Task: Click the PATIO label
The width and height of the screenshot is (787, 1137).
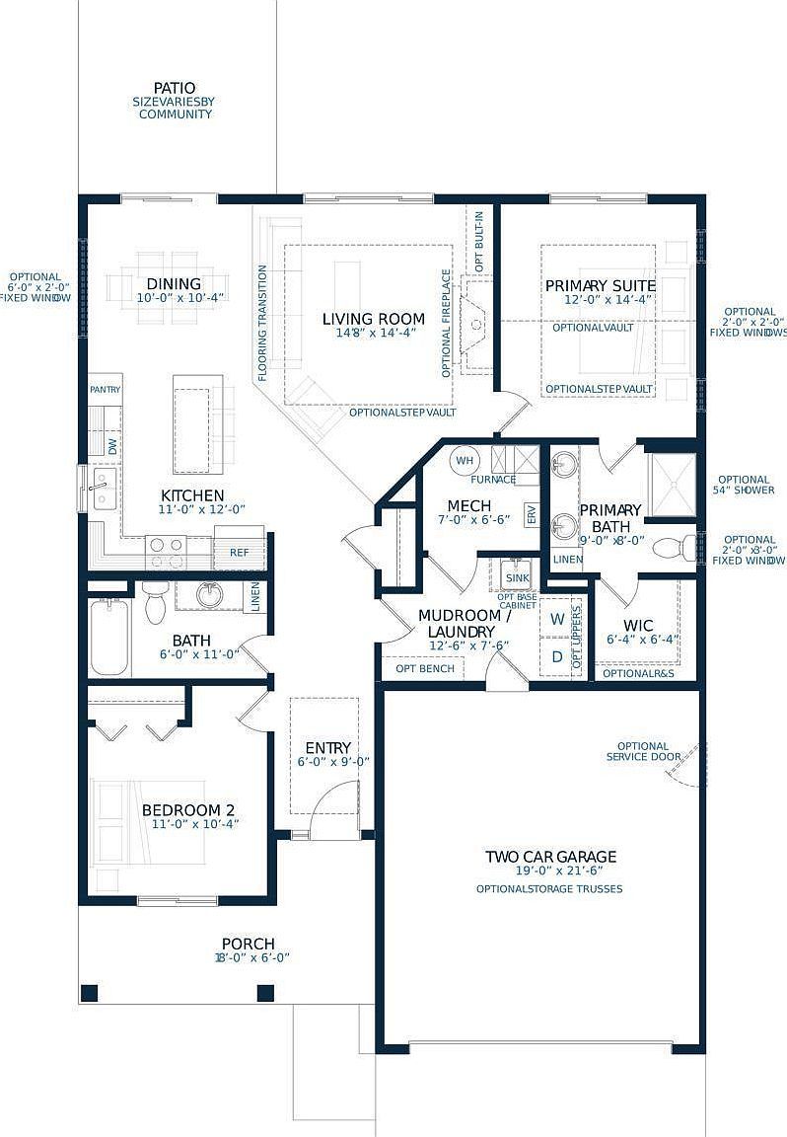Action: pos(175,88)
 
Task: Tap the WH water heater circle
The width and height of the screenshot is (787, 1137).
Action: pos(464,459)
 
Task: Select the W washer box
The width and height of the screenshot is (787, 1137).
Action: pos(557,619)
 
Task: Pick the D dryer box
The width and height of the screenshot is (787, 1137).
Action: pos(557,655)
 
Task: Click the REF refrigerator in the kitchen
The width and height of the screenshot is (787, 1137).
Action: pos(240,551)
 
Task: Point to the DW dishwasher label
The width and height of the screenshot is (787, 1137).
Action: pos(111,445)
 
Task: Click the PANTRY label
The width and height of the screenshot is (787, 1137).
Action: pos(105,390)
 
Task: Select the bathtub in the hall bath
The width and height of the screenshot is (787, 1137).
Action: pos(107,638)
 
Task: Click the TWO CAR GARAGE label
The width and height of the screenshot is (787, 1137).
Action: pos(550,857)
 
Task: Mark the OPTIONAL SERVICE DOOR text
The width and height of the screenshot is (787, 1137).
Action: pos(643,751)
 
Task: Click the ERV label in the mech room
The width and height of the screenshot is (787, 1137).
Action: pos(531,515)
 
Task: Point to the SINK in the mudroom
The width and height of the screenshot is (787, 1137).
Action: pos(517,577)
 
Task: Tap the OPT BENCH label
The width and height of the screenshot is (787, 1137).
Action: pos(425,668)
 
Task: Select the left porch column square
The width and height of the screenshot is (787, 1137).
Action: pos(90,992)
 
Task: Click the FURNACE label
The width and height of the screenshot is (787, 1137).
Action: pos(493,480)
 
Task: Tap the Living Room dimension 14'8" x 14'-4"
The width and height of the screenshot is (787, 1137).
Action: pos(374,334)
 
